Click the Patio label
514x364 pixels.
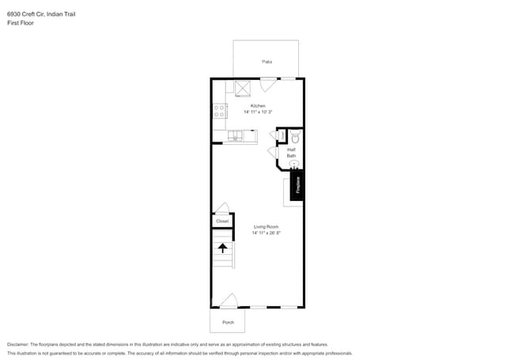tap(266, 61)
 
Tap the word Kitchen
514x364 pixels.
tap(258, 105)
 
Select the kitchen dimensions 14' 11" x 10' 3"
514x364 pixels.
tap(258, 112)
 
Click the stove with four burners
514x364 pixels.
tap(219, 112)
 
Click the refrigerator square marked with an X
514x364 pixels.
tap(242, 88)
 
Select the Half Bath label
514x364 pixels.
tap(291, 152)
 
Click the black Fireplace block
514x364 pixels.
tap(297, 185)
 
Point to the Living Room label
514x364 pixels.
tap(266, 226)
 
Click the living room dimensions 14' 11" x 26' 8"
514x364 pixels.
tap(266, 233)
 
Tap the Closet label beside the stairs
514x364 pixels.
tap(222, 221)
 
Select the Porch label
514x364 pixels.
tap(228, 322)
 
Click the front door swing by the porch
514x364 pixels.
tap(229, 301)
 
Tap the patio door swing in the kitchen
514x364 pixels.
tap(269, 82)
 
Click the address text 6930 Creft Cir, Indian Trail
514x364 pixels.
tap(41, 14)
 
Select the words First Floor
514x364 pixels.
tap(20, 23)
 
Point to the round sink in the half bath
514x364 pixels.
tap(294, 165)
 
